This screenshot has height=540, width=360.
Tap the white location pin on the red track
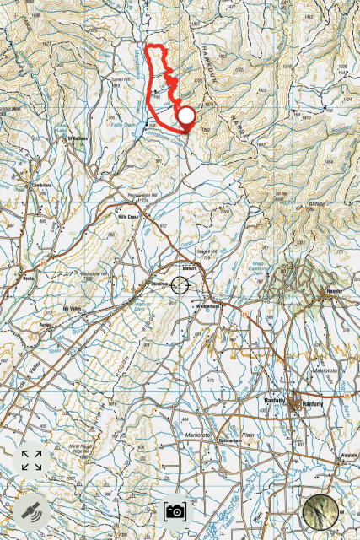(x=185, y=116)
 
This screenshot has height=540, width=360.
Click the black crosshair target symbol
(x=180, y=285)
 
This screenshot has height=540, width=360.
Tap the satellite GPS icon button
(x=31, y=511)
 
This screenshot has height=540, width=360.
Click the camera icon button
(x=175, y=511)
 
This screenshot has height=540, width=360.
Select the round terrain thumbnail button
(x=321, y=511)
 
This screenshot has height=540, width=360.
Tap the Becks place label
(x=28, y=278)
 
